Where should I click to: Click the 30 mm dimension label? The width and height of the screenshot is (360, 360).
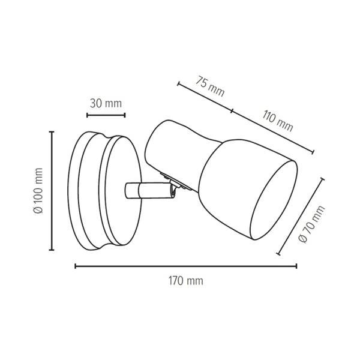coord(106,103)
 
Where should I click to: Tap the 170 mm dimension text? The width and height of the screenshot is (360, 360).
coord(185,280)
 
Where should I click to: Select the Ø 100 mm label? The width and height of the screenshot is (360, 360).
coord(39,191)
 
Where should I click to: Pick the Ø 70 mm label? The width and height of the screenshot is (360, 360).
coord(311,224)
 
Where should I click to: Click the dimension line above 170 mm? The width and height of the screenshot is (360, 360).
coord(185,265)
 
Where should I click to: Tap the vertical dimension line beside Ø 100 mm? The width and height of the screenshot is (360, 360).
coord(52,191)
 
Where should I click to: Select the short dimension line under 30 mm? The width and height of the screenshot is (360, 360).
coord(106,115)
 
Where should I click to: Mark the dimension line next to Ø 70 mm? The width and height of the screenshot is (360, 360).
coord(301,216)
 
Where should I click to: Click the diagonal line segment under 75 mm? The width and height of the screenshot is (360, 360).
coord(205,97)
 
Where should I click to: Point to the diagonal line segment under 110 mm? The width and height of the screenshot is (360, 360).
coord(273,132)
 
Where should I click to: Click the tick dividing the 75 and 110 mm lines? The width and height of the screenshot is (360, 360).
coord(232,111)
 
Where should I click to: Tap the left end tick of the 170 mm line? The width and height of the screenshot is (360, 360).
coord(75,265)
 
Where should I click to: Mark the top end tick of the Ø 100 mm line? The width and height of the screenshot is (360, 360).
coord(52,131)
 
